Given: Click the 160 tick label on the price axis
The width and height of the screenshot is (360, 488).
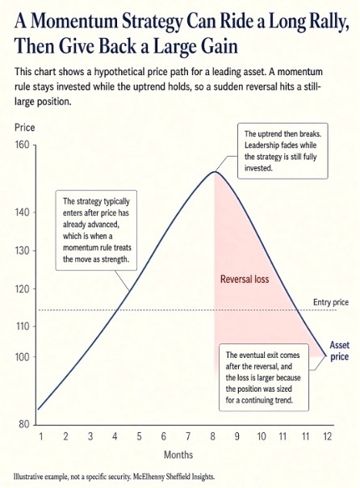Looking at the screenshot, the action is (x=22, y=145).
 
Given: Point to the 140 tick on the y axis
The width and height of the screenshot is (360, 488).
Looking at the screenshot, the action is (x=22, y=212).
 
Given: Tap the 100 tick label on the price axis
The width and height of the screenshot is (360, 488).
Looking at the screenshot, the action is (x=22, y=356).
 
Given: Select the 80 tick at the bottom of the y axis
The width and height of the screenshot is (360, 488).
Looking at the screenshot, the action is (x=24, y=424).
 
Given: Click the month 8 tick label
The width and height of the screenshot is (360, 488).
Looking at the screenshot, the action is (x=212, y=436).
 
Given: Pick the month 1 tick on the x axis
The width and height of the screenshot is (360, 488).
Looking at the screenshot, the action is (x=40, y=436).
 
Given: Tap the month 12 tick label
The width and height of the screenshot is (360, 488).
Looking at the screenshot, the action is (x=328, y=436).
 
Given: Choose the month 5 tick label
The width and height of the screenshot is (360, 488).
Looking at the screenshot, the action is (x=140, y=436).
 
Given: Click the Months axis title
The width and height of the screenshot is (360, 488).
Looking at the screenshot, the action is (x=178, y=455).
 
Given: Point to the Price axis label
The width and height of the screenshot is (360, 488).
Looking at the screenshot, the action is (x=24, y=128).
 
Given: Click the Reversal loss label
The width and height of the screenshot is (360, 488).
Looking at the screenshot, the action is (x=245, y=280).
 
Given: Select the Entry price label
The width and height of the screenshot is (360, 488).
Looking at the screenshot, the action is (x=331, y=302).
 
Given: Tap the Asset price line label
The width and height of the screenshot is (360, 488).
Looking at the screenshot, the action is (x=339, y=351).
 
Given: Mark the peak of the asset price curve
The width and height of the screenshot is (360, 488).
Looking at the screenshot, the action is (x=215, y=171).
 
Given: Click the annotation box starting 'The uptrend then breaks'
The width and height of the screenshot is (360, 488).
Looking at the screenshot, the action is (x=283, y=151).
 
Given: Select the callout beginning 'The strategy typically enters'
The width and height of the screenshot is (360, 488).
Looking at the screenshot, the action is (x=96, y=230).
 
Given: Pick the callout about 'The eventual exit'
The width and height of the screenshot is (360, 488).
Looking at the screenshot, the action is (x=264, y=377).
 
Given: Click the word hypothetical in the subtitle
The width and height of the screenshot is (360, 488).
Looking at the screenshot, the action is (x=115, y=72).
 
